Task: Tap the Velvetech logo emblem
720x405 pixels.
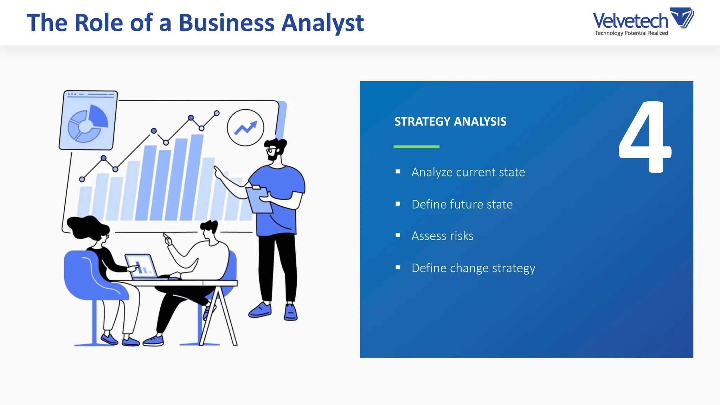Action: (x=682, y=18)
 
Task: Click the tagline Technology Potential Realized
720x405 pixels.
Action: (x=631, y=33)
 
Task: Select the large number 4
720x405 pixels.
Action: (x=645, y=137)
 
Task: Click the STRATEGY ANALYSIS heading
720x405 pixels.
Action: (x=450, y=122)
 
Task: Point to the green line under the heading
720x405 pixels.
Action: (x=416, y=147)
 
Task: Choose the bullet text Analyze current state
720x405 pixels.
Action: (x=468, y=172)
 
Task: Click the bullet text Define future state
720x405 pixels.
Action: (x=462, y=204)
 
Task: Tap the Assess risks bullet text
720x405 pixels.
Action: (x=442, y=236)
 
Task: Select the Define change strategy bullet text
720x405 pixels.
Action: (x=473, y=268)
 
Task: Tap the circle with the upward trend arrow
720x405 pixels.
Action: (x=245, y=128)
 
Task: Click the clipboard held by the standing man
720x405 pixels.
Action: (x=259, y=200)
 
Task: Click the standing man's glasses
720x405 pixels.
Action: (x=271, y=150)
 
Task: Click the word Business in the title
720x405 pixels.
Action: (x=226, y=23)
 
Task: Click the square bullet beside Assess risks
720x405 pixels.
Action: (x=398, y=236)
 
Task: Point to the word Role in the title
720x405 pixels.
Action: (x=99, y=23)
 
